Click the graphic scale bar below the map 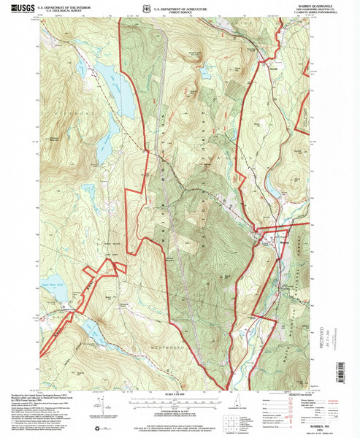180,399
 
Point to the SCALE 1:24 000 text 180,394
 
